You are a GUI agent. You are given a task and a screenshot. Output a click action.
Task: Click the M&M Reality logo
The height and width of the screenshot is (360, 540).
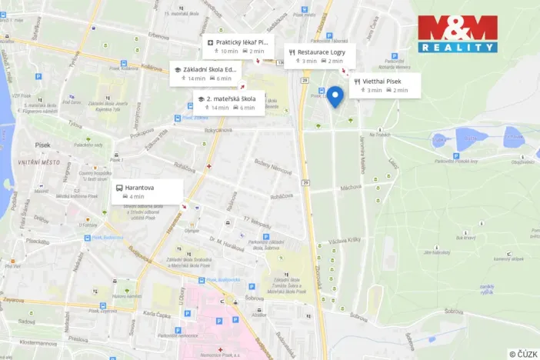click(x=458, y=34)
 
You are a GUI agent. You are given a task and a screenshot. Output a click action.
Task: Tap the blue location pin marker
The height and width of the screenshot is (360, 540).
click(x=335, y=98)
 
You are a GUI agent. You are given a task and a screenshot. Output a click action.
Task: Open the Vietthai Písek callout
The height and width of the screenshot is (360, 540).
click(x=385, y=85)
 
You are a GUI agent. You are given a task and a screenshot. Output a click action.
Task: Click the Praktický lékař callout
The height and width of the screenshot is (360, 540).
click(x=237, y=46)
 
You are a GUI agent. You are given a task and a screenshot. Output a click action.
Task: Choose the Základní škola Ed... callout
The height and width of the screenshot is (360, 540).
click(x=205, y=73)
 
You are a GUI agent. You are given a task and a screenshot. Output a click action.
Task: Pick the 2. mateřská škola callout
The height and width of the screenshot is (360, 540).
click(x=229, y=103)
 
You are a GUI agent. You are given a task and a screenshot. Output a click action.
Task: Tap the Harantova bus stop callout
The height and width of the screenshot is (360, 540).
click(x=148, y=192)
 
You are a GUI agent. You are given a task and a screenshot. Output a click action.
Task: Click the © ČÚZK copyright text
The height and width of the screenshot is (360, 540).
click(x=523, y=353)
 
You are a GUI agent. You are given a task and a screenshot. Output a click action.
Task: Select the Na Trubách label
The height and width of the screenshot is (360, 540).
click(x=380, y=134)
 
